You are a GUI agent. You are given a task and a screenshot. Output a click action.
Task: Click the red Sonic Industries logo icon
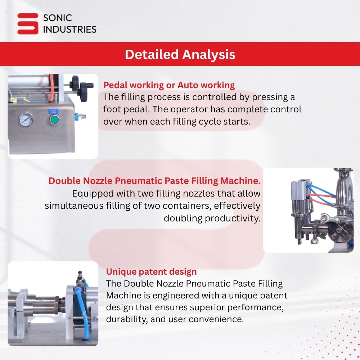point(28,24)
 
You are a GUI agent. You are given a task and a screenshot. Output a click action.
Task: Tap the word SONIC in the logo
point(57,18)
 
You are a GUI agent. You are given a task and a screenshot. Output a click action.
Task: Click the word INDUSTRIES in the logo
point(70,30)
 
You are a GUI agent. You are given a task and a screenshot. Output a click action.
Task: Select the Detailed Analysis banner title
point(180,54)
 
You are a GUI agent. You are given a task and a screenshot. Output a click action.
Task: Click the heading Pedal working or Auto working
point(169,85)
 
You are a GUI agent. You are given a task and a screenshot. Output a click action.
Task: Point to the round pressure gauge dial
point(26,120)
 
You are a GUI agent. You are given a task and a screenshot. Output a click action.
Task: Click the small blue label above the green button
point(54,111)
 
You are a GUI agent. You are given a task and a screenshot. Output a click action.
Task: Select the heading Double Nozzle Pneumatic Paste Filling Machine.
point(154,181)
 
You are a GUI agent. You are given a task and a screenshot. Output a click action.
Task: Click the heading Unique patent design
point(151,271)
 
